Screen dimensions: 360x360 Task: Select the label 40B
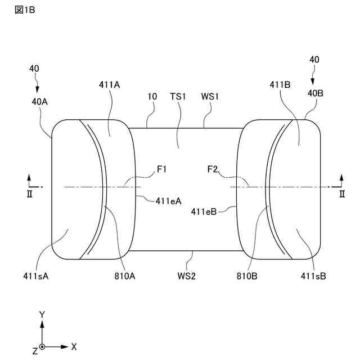point(315,94)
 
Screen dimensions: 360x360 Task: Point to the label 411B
point(280,85)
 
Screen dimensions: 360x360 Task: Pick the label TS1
point(178,96)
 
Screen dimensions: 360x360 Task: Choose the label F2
point(213,168)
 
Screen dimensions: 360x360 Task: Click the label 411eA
point(168,199)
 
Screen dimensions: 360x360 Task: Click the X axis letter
point(74,346)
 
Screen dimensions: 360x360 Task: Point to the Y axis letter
point(42,314)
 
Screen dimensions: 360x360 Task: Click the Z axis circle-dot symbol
point(42,347)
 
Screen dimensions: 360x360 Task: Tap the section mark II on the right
point(341,193)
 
